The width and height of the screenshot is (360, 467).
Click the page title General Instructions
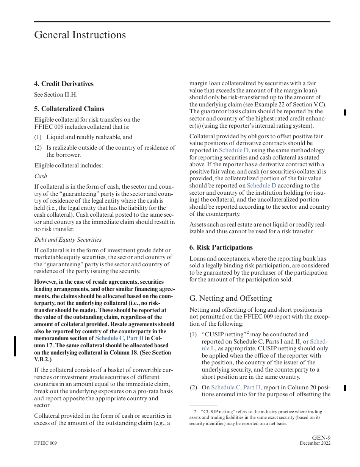pyautogui.click(x=80, y=35)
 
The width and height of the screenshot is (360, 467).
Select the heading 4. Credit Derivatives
pyautogui.click(x=64, y=84)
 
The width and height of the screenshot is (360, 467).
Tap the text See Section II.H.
pyautogui.click(x=56, y=95)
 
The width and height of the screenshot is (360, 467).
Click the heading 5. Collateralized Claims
pyautogui.click(x=69, y=109)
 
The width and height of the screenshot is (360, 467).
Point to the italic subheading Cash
pyautogui.click(x=41, y=176)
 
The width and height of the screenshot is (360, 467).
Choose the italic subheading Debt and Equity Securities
pyautogui.click(x=68, y=240)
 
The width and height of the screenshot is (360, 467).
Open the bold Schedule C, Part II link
pyautogui.click(x=119, y=338)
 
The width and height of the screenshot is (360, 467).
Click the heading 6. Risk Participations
pyautogui.click(x=221, y=247)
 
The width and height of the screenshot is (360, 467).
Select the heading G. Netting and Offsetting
pyautogui.click(x=230, y=298)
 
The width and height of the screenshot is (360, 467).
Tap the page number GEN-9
pyautogui.click(x=321, y=438)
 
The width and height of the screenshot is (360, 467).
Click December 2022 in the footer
pyautogui.click(x=315, y=444)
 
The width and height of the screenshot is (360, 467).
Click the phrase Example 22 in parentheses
pyautogui.click(x=290, y=105)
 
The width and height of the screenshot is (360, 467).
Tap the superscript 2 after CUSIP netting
pyautogui.click(x=247, y=333)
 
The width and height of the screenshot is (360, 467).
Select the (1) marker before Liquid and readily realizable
pyautogui.click(x=38, y=137)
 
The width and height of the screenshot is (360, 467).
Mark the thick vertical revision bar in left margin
pyautogui.click(x=15, y=346)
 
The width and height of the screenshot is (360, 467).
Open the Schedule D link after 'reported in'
pyautogui.click(x=234, y=150)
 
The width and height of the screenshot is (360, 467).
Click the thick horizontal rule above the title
pyautogui.click(x=182, y=22)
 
